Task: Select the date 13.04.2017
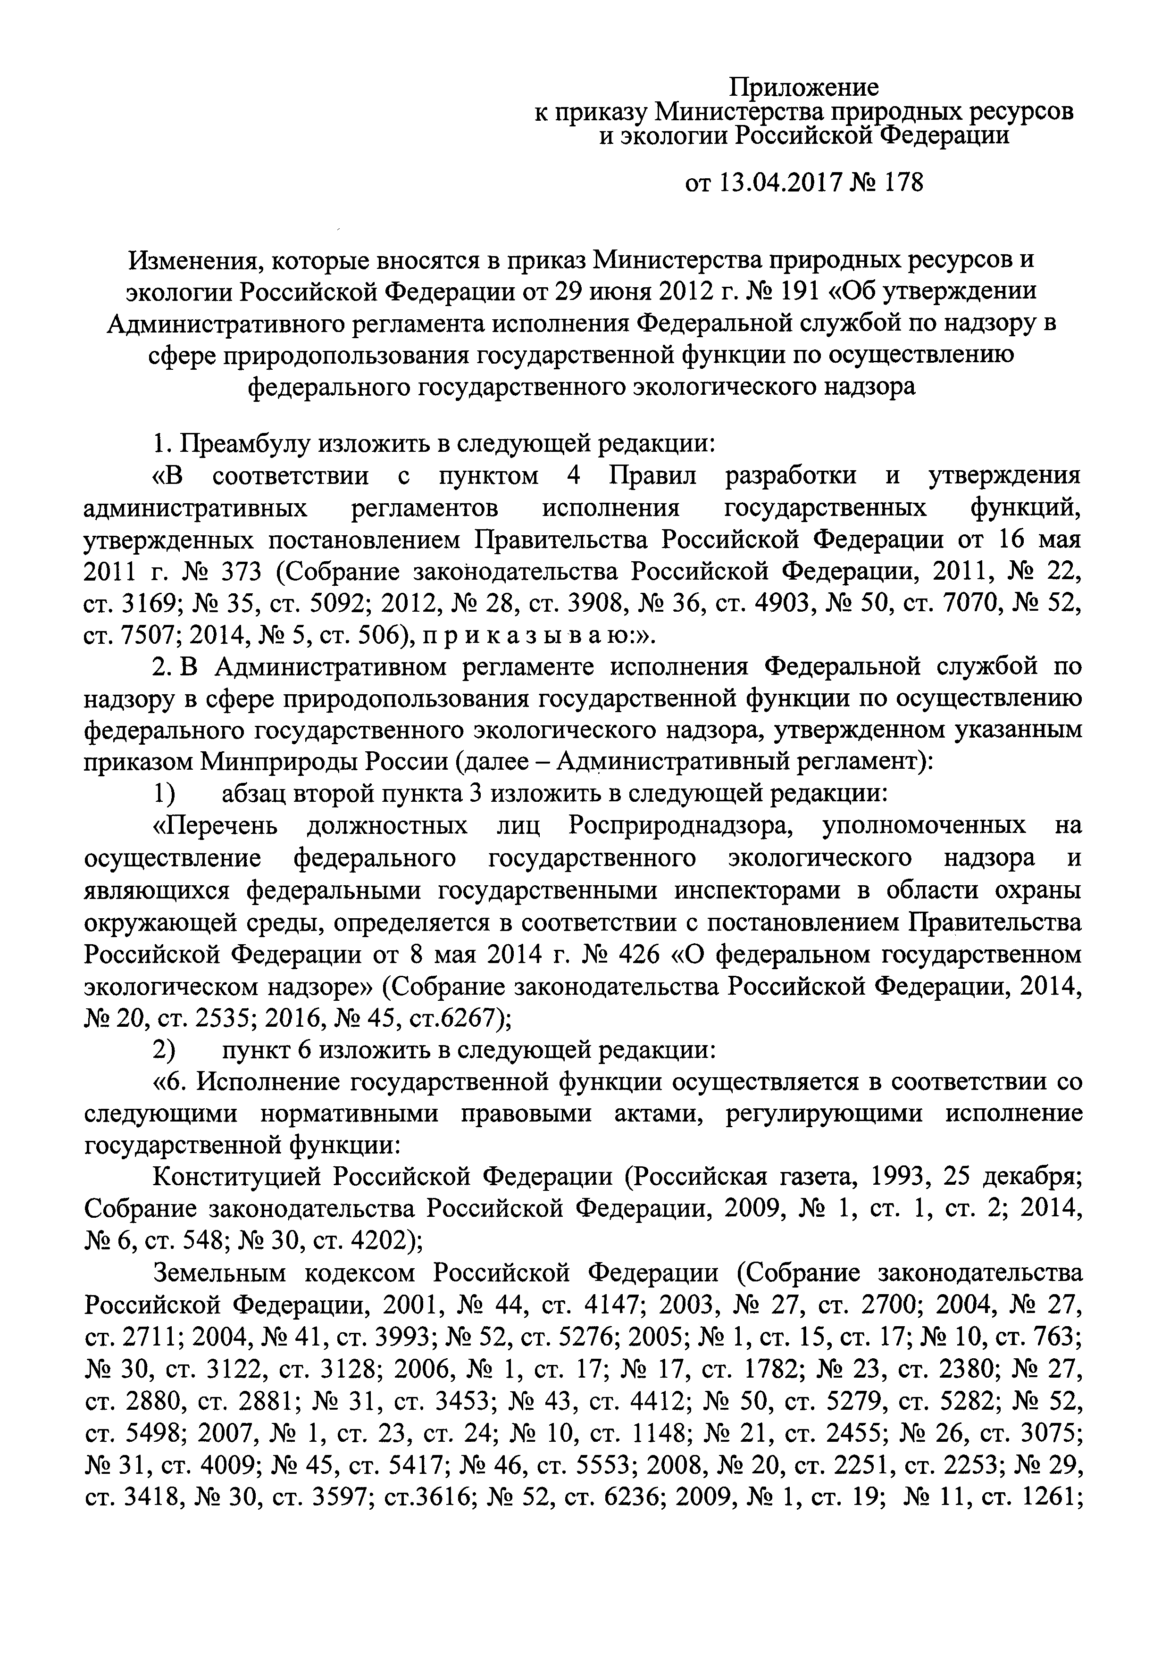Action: click(781, 183)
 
